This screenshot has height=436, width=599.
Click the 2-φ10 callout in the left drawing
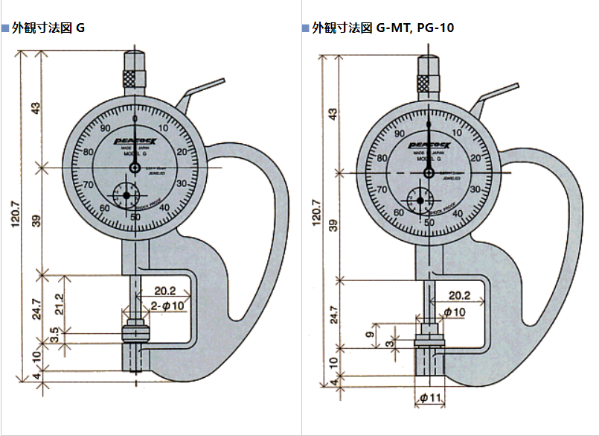(168, 306)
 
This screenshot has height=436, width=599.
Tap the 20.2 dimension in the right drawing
(459, 295)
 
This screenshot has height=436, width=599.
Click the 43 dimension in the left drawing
(36, 109)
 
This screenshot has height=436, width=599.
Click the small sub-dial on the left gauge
(126, 195)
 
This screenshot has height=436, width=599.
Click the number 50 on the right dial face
(429, 222)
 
